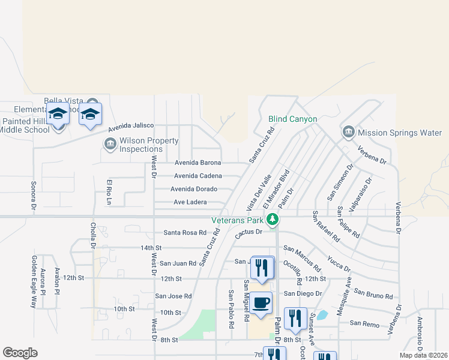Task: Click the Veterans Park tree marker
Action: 273,219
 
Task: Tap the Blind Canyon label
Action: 292,119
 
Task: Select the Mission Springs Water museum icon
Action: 348,132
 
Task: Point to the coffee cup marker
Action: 261,303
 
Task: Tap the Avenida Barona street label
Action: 197,163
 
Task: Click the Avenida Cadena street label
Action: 197,176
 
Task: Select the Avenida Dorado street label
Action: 194,189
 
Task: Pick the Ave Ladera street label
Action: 190,202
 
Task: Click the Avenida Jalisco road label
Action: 131,128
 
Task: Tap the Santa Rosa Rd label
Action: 185,233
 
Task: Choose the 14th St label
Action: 151,248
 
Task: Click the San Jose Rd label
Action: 173,296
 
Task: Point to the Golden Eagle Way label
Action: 34,282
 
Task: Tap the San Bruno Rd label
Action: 373,293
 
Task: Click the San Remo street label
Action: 365,323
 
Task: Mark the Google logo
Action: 20,353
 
